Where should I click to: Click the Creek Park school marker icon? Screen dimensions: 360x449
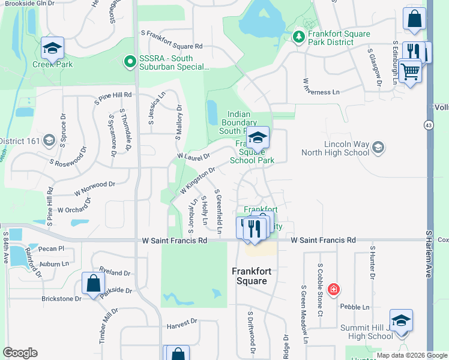tap(52, 47)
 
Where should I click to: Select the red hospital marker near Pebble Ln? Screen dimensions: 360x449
tap(334, 289)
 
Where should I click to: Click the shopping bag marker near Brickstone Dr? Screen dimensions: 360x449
tap(93, 284)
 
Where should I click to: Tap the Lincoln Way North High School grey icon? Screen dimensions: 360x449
tap(378, 147)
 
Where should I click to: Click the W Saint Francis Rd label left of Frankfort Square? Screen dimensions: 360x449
tap(175, 241)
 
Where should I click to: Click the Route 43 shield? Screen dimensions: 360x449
tap(428, 125)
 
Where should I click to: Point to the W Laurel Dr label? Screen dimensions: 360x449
tap(193, 157)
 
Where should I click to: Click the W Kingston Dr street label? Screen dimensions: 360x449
tap(197, 181)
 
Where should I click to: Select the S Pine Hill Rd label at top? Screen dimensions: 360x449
tap(113, 95)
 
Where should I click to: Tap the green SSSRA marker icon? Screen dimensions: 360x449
tap(128, 61)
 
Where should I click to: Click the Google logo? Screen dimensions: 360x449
tap(20, 353)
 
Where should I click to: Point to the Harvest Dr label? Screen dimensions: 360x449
tap(182, 322)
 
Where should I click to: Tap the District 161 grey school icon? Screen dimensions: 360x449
tap(49, 141)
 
